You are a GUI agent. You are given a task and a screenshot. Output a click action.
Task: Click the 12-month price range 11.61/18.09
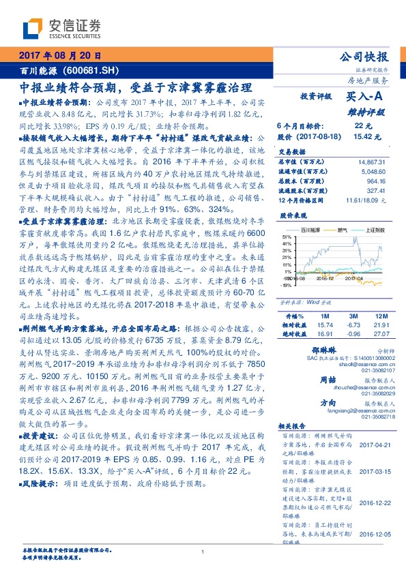(365, 200)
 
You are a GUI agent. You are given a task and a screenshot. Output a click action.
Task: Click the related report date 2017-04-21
(373, 444)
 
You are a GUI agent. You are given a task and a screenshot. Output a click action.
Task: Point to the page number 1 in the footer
(203, 552)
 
